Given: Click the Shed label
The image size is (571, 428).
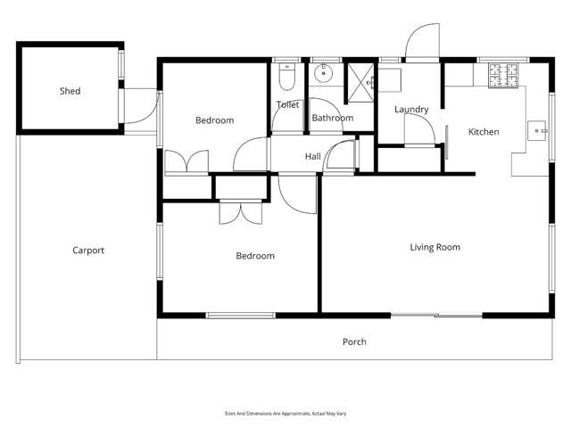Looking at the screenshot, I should (70, 91).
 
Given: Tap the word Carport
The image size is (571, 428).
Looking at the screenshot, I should (88, 251).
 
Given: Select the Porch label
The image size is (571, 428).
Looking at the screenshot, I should (354, 342).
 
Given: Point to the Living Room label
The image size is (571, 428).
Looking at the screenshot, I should (434, 247).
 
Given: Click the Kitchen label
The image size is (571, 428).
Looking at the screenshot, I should (484, 132).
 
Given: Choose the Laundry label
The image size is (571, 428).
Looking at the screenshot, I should (411, 110).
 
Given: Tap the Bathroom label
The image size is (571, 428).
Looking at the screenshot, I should (332, 118).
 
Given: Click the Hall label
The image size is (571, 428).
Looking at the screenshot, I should (312, 157).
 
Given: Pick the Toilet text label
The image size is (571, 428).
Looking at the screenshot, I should (287, 104).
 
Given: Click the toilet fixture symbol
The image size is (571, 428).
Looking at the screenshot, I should (285, 80).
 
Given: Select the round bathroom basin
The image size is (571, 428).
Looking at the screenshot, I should (324, 76).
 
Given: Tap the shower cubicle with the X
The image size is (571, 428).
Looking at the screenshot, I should (360, 78).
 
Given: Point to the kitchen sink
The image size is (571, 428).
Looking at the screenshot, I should (539, 130).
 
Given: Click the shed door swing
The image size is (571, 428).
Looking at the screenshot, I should (143, 105).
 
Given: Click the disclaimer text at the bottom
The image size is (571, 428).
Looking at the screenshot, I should (285, 414).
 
